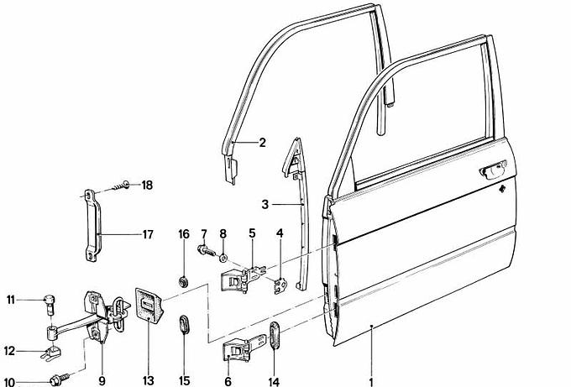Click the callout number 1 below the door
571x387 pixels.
(370, 380)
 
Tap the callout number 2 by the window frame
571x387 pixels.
(262, 143)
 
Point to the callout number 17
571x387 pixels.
(148, 234)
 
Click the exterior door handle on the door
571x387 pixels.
(489, 172)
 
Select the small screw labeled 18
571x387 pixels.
(123, 185)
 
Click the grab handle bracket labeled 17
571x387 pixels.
(90, 224)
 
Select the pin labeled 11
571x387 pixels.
(50, 301)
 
